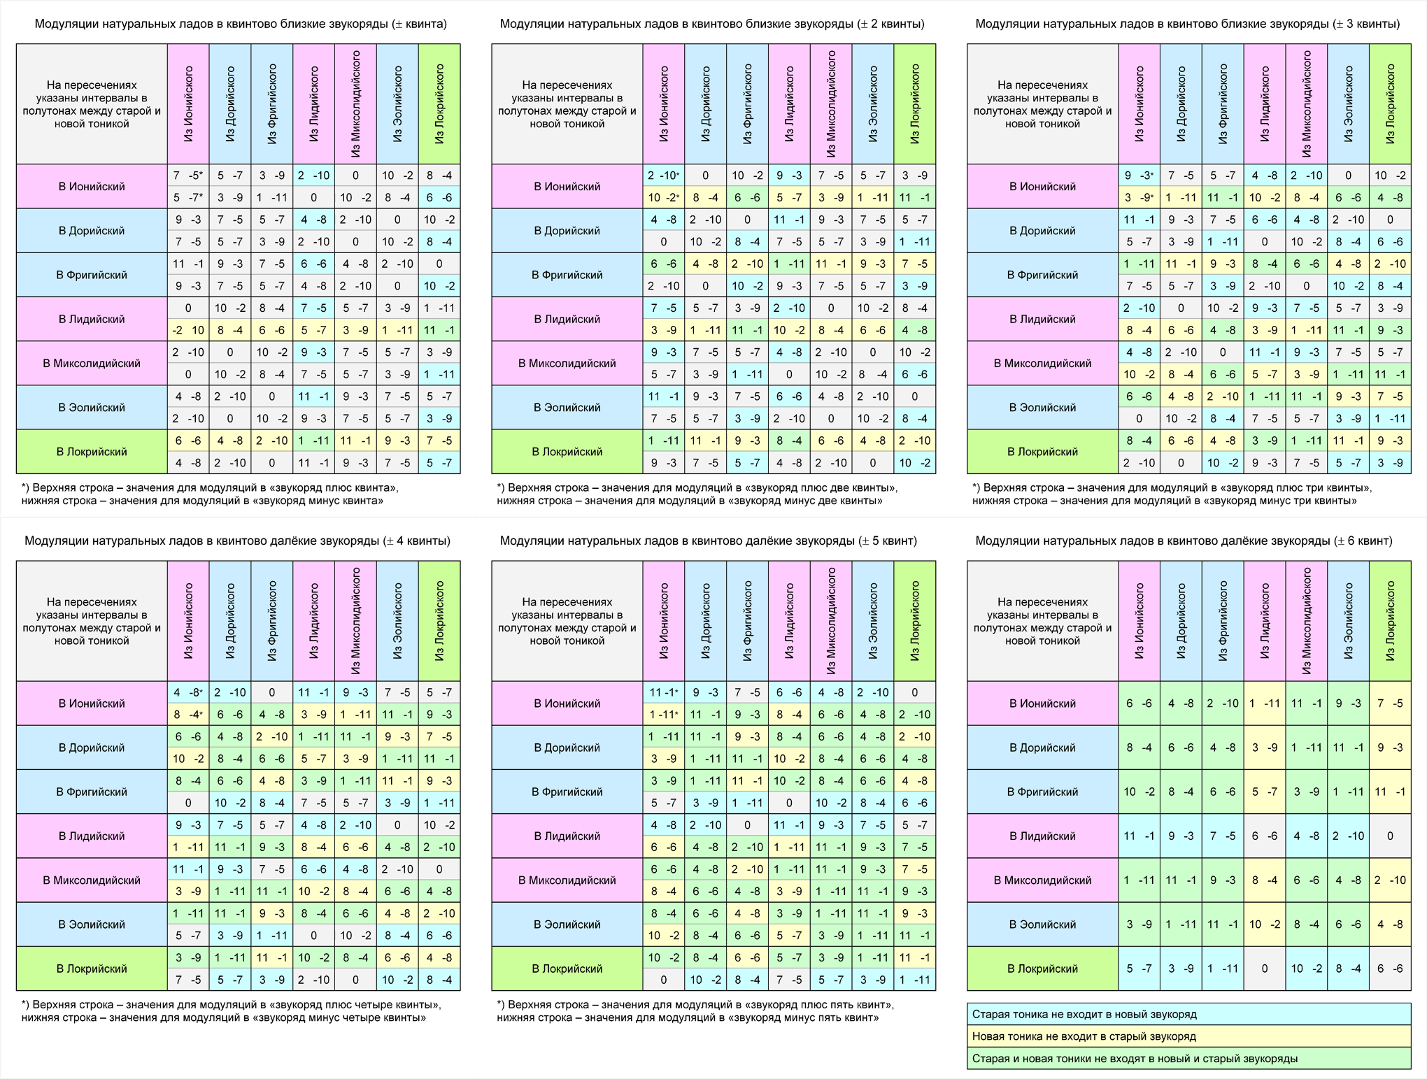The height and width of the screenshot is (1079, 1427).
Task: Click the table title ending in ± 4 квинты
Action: (237, 541)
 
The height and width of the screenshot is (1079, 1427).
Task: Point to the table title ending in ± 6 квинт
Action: (1184, 541)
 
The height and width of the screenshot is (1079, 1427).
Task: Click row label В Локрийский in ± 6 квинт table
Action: (1042, 969)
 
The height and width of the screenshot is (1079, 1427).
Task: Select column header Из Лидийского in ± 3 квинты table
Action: (1265, 104)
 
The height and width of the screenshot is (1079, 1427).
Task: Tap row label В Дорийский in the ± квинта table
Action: (92, 231)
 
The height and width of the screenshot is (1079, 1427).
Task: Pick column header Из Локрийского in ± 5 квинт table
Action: (915, 621)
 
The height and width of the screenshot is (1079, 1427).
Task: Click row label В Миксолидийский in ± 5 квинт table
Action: (567, 880)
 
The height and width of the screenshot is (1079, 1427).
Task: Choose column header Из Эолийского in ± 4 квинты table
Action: (397, 621)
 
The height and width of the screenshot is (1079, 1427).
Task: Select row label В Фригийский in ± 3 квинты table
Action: (1042, 275)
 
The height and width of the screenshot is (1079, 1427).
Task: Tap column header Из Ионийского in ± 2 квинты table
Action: (664, 104)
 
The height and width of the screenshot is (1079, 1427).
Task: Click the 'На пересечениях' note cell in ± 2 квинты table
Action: (567, 104)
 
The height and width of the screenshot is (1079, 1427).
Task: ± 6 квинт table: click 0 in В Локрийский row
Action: (1265, 969)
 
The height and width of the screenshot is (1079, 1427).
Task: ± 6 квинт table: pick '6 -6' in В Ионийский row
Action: (1139, 703)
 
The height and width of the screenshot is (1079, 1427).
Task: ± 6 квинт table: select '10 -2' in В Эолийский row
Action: (1265, 924)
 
